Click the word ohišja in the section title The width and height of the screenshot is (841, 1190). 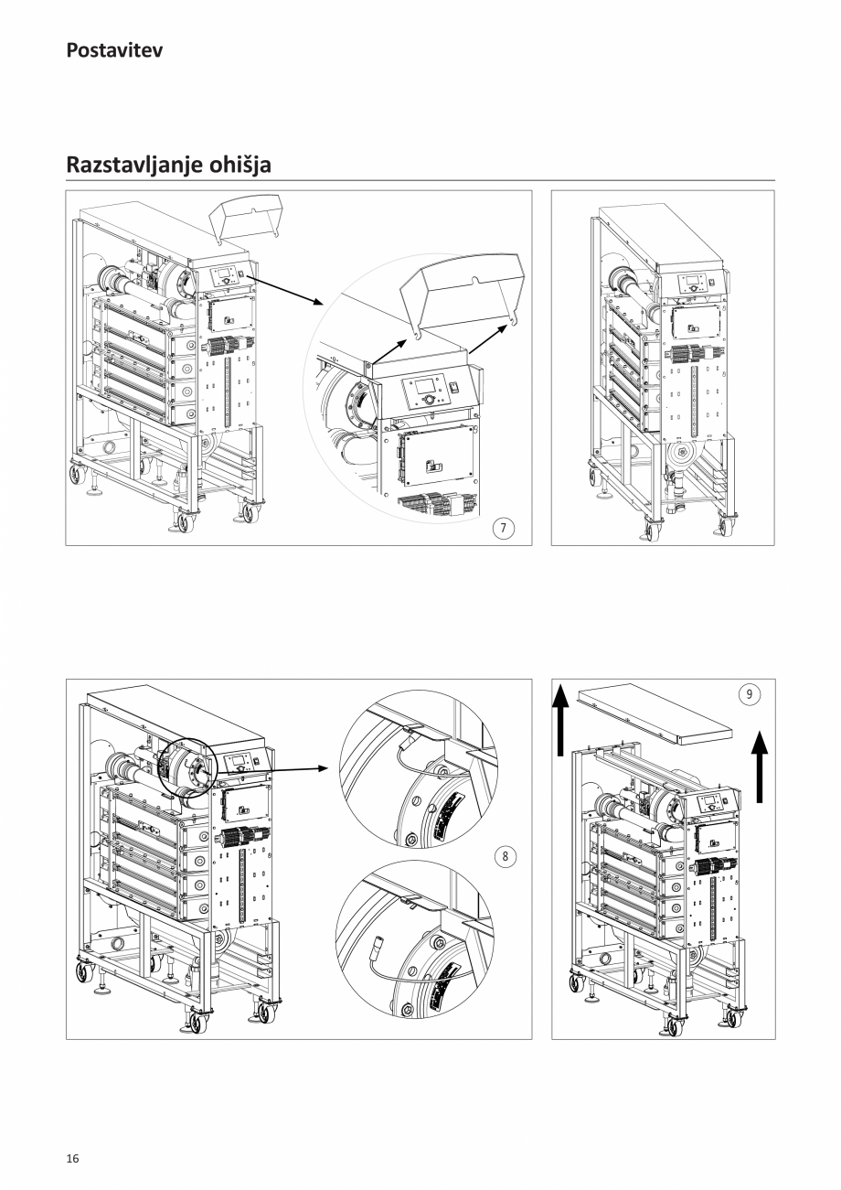coord(240,166)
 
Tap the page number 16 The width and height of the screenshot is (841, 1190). coord(72,1159)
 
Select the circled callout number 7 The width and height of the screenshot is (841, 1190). coord(504,528)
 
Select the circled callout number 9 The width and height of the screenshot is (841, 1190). coord(749,694)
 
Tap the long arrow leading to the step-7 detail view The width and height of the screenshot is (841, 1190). coord(284,285)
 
